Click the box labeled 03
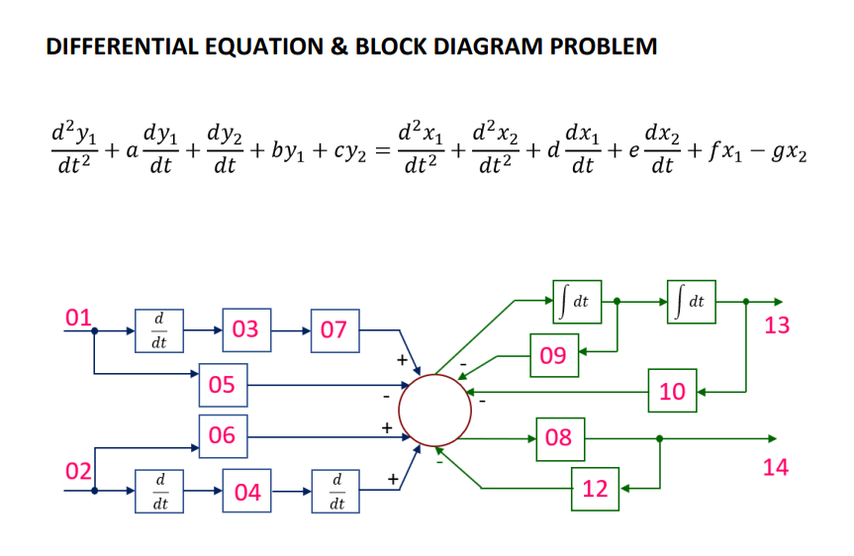245,329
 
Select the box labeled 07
334,329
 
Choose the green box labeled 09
554,356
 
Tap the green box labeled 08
559,436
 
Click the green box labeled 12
595,488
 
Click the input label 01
78,318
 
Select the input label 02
78,468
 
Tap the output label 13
777,325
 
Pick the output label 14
776,467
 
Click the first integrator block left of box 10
577,301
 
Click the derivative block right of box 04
336,491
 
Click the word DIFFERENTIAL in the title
117,46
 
